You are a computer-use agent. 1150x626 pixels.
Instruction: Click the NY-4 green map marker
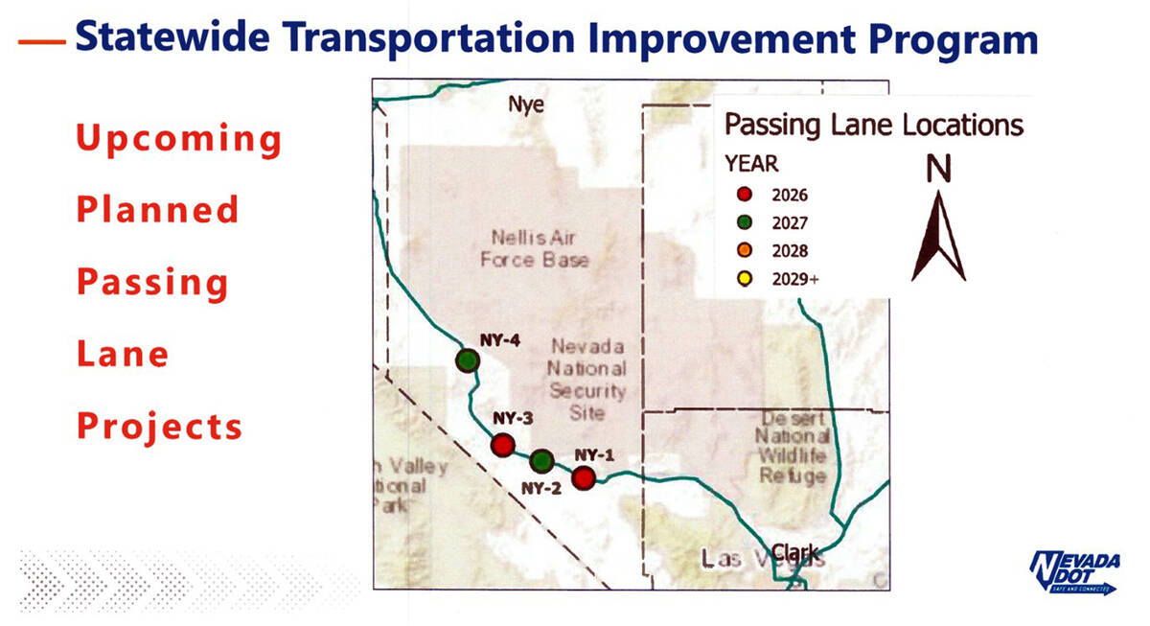pos(467,360)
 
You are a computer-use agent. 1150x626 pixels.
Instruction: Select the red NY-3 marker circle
pos(502,445)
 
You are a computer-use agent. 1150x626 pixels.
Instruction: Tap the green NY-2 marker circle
pos(541,461)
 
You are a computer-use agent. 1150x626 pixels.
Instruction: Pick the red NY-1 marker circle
pos(584,476)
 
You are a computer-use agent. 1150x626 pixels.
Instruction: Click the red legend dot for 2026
pos(743,195)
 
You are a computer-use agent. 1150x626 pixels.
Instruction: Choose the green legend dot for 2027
pos(743,223)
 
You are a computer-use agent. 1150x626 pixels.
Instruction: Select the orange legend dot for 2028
pos(743,251)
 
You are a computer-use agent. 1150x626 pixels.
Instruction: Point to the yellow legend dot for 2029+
pos(743,280)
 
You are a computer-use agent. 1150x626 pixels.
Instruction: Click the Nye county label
pos(525,104)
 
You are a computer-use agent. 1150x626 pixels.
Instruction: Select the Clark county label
pos(795,553)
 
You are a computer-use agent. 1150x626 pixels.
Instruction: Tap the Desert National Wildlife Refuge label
pos(792,447)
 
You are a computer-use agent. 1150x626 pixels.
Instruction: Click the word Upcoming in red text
pos(179,140)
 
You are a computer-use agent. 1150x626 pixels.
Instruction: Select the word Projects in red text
pos(160,426)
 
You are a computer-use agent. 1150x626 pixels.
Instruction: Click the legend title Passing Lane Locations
pos(873,125)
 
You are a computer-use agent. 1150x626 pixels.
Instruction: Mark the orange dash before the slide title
pos(41,41)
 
